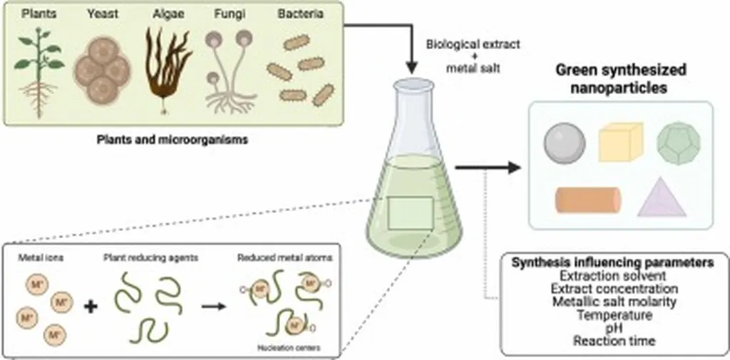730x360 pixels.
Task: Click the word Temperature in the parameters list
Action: coord(614,314)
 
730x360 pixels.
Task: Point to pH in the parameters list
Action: coord(614,327)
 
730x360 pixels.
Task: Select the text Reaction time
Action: coord(614,341)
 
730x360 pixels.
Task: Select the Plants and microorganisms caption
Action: coord(173,140)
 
